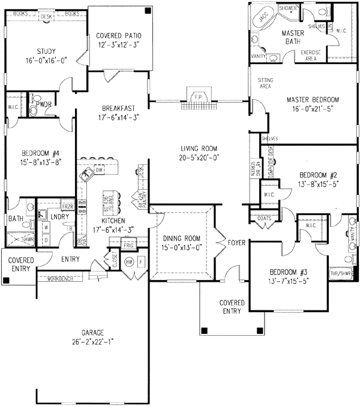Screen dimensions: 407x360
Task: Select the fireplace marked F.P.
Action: (x=196, y=97)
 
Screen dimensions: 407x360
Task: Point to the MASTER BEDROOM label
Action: (x=313, y=100)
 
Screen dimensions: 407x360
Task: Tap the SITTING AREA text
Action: (x=265, y=83)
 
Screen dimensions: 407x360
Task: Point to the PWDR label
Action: (x=42, y=103)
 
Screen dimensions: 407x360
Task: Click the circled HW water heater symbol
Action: (x=129, y=262)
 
